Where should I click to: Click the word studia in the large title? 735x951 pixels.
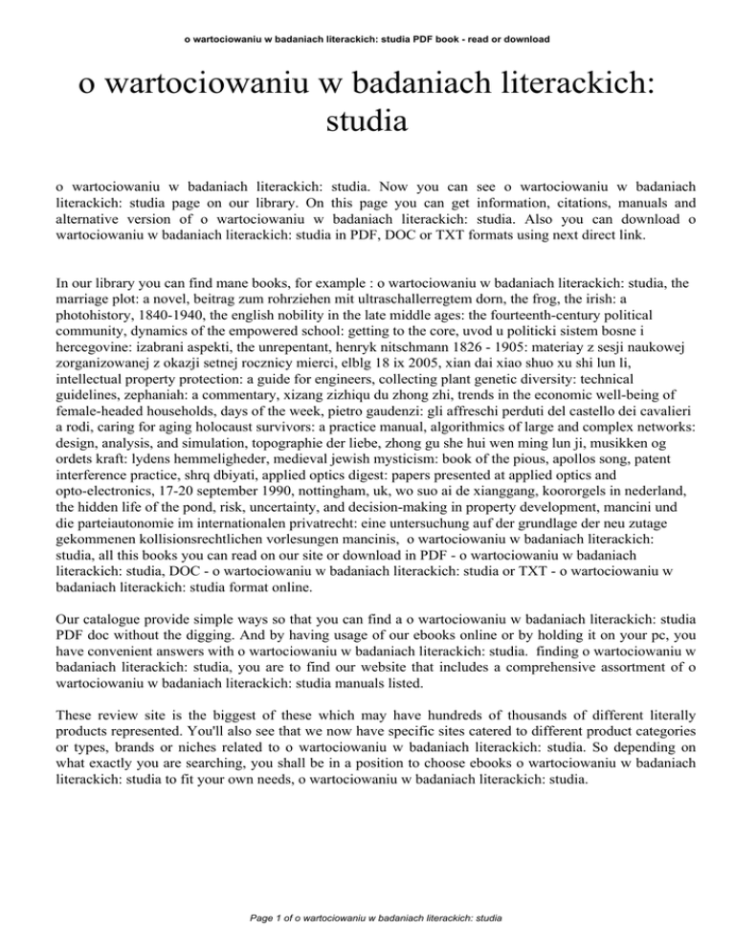(x=367, y=122)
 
